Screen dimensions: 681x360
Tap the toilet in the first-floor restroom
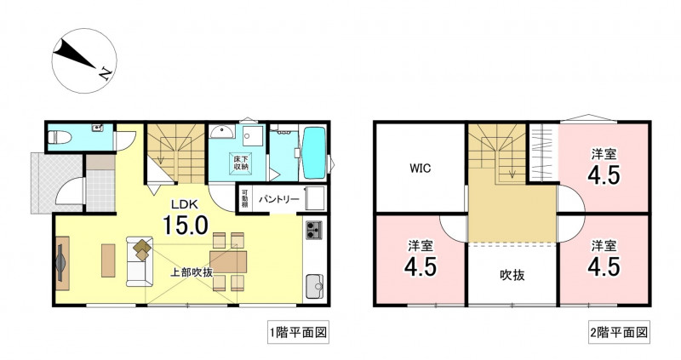[x=60, y=137]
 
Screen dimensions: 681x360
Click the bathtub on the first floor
[x=313, y=153]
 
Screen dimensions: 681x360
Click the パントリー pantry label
[x=279, y=199]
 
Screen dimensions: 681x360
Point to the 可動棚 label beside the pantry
[x=244, y=198]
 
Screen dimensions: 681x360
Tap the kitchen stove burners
[x=314, y=230]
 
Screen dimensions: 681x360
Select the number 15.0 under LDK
[x=186, y=225]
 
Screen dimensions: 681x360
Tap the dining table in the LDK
[x=228, y=262]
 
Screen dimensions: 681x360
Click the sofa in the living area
[x=140, y=261]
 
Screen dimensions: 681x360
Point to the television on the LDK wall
[x=60, y=263]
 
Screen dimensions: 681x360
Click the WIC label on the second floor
[x=420, y=168]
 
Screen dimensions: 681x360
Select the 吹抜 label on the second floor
[x=512, y=275]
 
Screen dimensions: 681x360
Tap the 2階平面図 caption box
[x=619, y=333]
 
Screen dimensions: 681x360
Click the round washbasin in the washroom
[x=221, y=131]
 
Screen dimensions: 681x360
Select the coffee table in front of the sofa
[x=108, y=260]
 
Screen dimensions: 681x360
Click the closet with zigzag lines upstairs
[x=543, y=152]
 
